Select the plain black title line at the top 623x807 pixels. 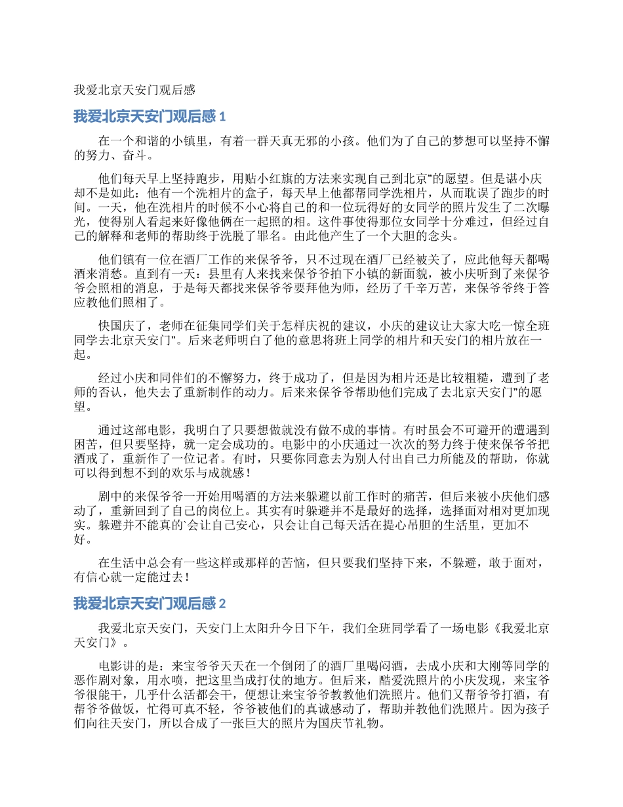tap(134, 89)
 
